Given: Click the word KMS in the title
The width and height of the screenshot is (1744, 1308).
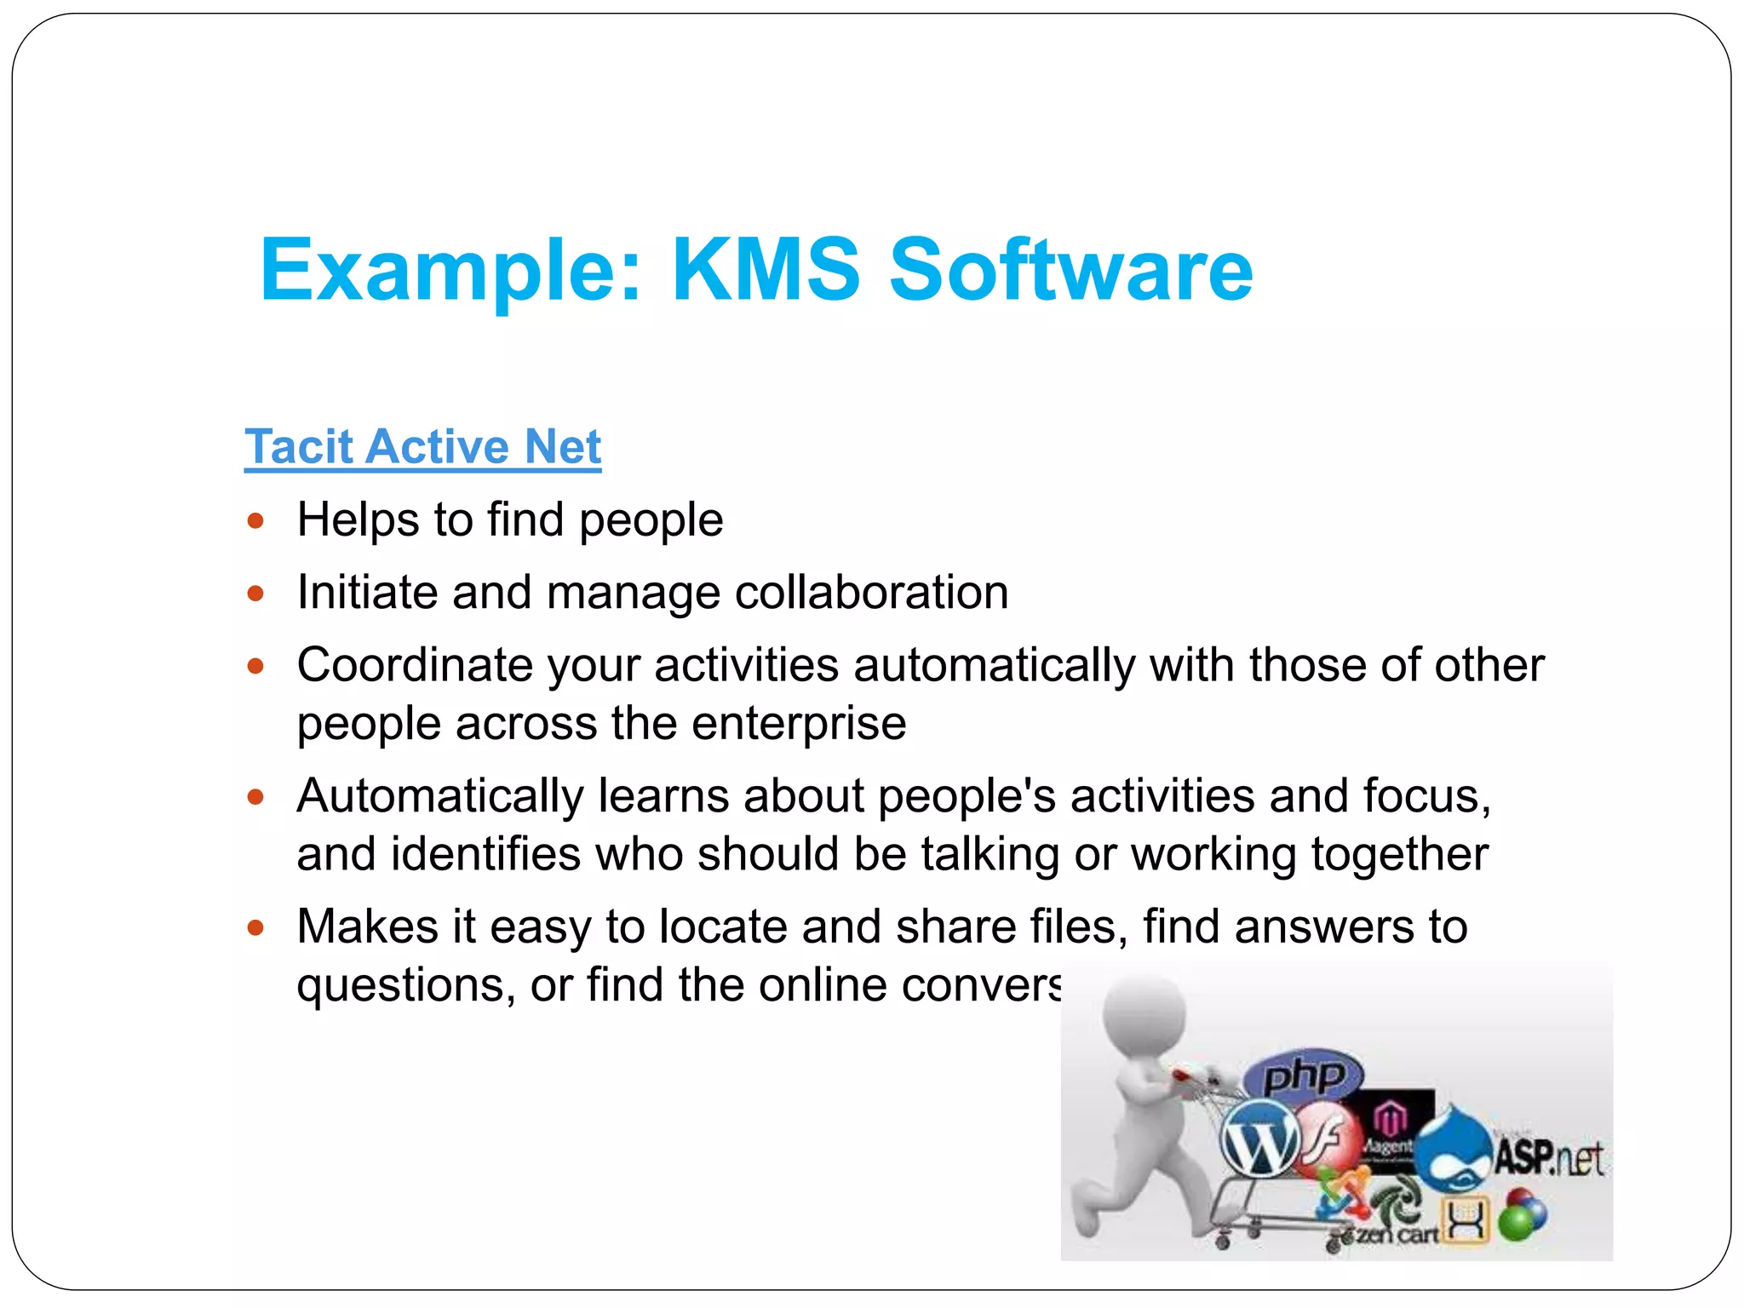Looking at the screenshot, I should [766, 270].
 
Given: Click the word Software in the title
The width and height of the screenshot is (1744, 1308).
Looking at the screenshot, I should [1070, 270].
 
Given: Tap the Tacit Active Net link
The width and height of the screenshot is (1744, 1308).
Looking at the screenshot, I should [422, 447].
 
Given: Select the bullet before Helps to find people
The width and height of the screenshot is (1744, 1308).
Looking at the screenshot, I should [255, 520].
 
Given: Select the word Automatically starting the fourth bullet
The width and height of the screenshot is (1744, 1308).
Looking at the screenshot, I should [439, 796].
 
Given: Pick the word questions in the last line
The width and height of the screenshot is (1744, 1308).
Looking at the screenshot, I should [405, 985].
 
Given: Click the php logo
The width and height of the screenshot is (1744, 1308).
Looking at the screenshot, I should [1303, 1076].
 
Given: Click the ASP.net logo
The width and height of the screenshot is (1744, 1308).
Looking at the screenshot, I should [1547, 1158].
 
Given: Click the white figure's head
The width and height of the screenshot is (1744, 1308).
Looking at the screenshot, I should [1144, 1018].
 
